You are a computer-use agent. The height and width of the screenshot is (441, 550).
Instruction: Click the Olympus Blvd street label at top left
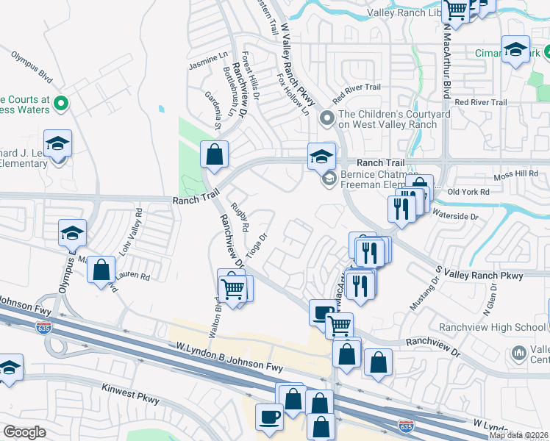(x=32, y=65)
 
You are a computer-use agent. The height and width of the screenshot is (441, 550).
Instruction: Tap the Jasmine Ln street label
(x=209, y=61)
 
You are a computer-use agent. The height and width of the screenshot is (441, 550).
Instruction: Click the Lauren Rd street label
(x=135, y=277)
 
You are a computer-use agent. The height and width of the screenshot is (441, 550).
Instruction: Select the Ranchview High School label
(x=482, y=327)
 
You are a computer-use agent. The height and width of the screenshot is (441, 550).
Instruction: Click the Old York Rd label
(x=468, y=192)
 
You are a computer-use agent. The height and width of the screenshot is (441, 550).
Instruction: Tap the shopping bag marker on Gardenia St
(x=215, y=154)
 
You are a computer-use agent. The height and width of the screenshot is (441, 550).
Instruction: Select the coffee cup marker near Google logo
(x=269, y=417)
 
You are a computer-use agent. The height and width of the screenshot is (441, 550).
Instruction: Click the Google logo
(x=24, y=432)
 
